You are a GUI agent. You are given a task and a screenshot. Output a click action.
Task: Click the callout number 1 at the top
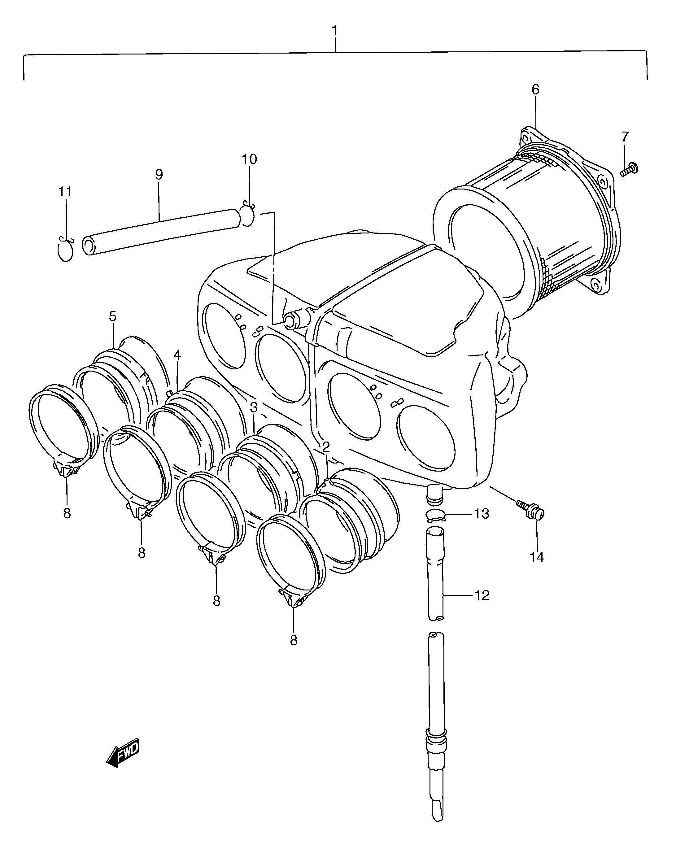click(335, 31)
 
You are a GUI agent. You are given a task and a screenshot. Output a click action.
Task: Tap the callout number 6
click(535, 90)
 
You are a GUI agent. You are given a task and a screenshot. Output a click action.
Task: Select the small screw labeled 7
click(629, 170)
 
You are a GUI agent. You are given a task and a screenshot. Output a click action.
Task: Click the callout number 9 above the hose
click(159, 174)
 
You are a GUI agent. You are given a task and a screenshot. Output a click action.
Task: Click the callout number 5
click(113, 316)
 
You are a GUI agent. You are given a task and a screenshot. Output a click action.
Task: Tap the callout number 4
click(177, 355)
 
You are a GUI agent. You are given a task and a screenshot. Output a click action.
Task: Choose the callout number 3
click(253, 407)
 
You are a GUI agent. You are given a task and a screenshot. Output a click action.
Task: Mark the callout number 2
click(326, 447)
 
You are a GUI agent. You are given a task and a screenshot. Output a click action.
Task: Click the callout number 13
click(482, 514)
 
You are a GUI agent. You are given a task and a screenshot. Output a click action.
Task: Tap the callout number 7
click(625, 137)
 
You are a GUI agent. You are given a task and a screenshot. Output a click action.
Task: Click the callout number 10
click(249, 159)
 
